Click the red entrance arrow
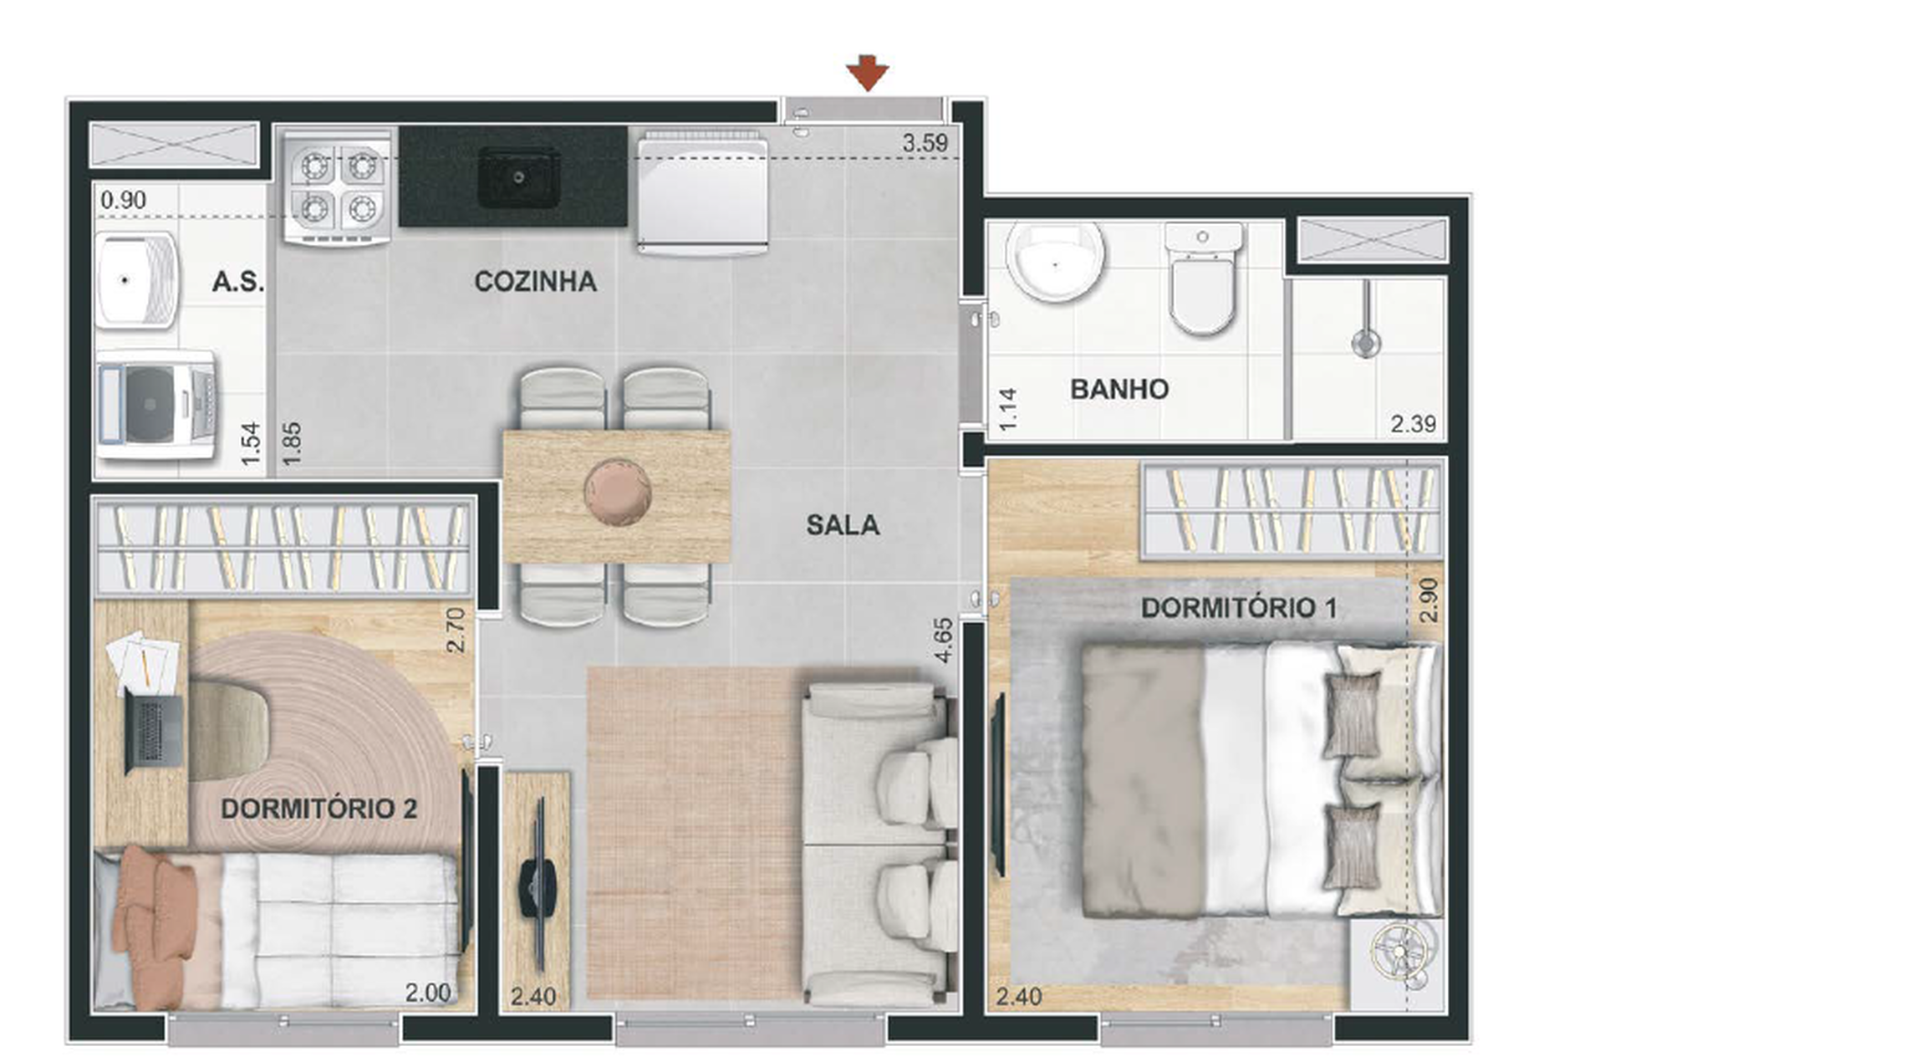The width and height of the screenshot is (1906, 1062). [867, 73]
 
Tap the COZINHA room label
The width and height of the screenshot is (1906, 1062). [535, 282]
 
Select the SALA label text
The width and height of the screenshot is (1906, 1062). [842, 525]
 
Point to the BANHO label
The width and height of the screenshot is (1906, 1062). [1119, 389]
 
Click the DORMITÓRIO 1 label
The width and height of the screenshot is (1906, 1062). [1238, 608]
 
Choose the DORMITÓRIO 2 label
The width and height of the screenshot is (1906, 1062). [319, 809]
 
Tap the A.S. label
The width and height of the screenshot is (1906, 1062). [237, 282]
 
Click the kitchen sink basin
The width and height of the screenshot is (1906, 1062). [518, 177]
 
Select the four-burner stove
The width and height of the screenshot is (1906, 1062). [337, 187]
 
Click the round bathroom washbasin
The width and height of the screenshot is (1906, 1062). [1055, 261]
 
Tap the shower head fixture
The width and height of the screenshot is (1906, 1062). [1365, 341]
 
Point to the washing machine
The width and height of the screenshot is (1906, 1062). [155, 406]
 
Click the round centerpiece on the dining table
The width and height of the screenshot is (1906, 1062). [617, 492]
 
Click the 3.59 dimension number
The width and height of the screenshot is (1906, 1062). [925, 143]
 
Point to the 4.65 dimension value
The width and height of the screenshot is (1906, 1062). [943, 641]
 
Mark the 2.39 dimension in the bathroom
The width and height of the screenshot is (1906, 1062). [1413, 424]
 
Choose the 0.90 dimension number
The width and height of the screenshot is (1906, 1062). [123, 200]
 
